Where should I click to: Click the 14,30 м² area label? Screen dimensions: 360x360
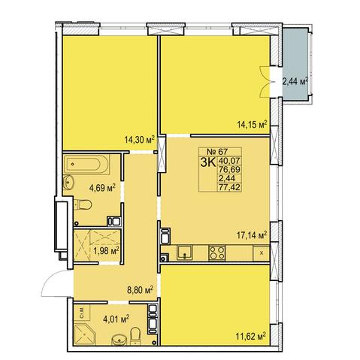point(139,140)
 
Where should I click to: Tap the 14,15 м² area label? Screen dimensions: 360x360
point(252,124)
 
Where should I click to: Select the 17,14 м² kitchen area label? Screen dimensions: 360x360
point(252,235)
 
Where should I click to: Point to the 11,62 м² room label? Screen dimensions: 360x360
point(250,336)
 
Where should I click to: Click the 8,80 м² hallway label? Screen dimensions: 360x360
point(141,290)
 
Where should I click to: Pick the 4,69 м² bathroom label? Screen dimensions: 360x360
point(102,187)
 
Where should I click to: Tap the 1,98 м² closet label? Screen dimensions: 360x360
point(106,250)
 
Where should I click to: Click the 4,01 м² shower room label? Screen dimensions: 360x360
point(116,319)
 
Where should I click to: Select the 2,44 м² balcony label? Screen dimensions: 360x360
point(295,81)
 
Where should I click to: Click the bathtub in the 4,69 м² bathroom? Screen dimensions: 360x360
point(86,165)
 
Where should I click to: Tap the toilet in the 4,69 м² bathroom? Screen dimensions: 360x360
point(83,204)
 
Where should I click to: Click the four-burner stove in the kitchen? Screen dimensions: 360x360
point(216,253)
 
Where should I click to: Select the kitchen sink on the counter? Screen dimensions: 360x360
point(185,253)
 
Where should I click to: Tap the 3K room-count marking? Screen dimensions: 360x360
point(207,162)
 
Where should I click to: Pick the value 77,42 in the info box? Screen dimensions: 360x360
point(229,187)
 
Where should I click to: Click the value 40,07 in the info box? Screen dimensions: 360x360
point(229,160)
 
